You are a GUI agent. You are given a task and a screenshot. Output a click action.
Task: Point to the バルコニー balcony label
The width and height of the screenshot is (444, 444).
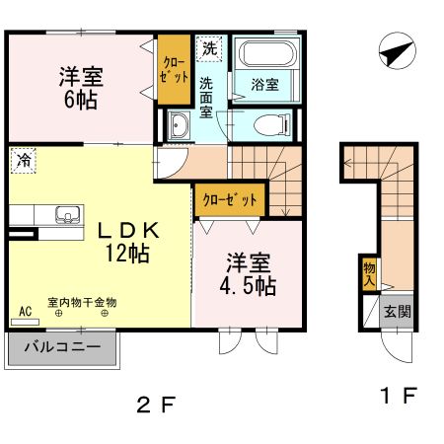(x=62, y=347)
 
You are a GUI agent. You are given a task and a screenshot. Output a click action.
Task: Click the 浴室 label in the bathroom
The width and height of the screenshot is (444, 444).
(x=264, y=85)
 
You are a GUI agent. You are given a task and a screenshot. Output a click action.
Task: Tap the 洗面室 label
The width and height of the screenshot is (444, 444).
(x=207, y=97)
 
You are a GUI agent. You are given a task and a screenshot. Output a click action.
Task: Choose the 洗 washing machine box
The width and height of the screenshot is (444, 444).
(x=209, y=47)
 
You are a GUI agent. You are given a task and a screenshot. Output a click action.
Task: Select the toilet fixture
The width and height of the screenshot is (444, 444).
(x=268, y=124)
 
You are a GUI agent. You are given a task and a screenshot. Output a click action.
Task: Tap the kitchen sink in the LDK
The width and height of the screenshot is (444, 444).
(x=67, y=214)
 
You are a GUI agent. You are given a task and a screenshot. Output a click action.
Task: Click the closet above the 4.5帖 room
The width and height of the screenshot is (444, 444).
(x=230, y=199)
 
